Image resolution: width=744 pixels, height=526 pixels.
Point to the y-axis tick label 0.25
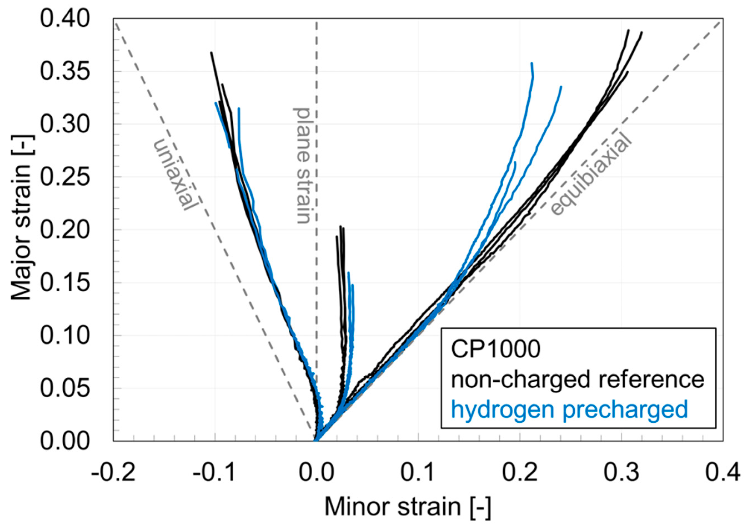point(64,177)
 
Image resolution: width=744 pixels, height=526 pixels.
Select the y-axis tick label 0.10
point(64,336)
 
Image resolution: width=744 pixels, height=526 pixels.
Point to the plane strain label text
point(302,165)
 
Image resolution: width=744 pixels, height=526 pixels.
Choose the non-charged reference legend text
point(578,380)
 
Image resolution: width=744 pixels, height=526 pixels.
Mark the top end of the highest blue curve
point(532,63)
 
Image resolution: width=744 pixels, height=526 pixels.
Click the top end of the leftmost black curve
point(211,52)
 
